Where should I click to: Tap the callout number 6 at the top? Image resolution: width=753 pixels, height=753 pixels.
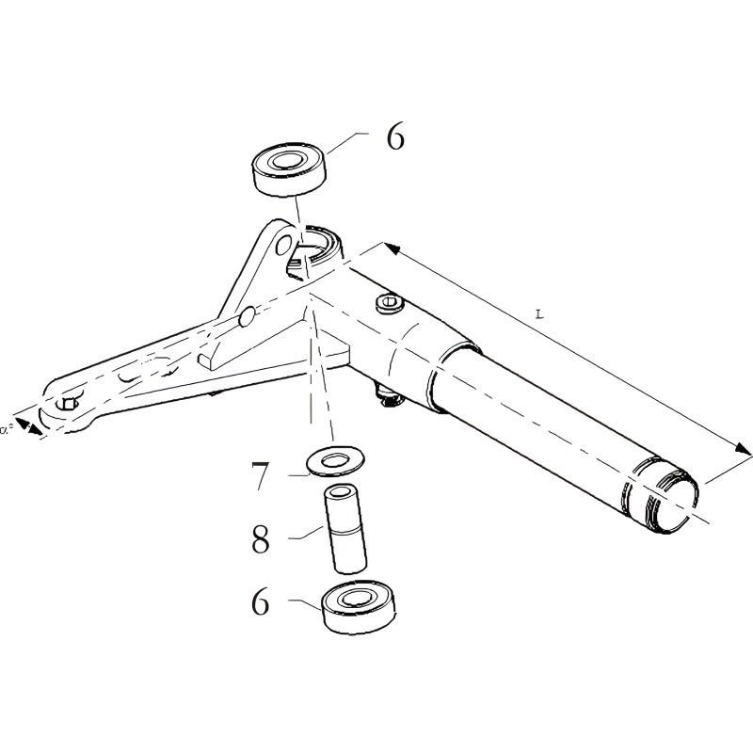pyautogui.click(x=395, y=137)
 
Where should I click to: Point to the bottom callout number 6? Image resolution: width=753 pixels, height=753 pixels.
pyautogui.click(x=261, y=600)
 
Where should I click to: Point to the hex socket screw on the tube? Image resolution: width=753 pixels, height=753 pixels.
pyautogui.click(x=388, y=303)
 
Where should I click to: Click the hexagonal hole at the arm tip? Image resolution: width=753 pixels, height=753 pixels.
pyautogui.click(x=67, y=404)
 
